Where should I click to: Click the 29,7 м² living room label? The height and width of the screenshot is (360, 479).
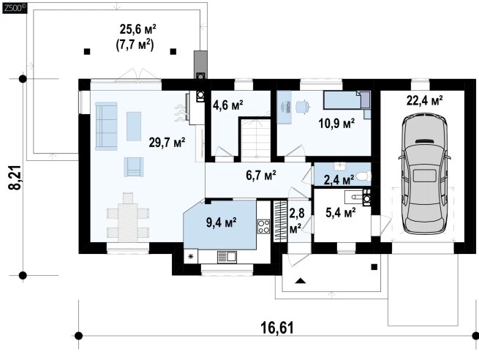point(167,143)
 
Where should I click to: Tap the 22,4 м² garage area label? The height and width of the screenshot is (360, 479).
point(425,100)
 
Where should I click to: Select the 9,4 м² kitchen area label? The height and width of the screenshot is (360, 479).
point(221,222)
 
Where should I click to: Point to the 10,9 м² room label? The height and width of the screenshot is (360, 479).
point(336,124)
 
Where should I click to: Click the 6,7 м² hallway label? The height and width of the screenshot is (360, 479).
point(261,176)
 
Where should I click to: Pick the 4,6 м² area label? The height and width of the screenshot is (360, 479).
point(228,105)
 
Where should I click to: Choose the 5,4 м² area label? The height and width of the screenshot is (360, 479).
point(341,213)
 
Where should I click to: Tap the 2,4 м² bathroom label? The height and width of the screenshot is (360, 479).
point(339,180)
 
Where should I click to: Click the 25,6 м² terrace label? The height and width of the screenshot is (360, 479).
point(138,30)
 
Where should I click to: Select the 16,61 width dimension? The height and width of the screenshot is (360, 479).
point(277,328)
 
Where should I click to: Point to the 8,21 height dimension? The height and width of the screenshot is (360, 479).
point(15,178)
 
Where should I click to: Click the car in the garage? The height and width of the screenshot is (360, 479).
point(425,173)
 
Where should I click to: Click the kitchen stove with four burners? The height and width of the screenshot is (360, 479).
point(264,226)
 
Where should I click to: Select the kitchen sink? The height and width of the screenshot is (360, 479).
point(227,257)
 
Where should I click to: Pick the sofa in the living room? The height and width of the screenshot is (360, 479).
point(106,126)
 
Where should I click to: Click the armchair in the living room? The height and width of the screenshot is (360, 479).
point(134,167)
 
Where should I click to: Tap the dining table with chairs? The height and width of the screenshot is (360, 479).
point(128,217)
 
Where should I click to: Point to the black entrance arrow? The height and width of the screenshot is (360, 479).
point(301,281)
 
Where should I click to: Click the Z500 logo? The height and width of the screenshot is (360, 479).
point(15,8)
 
